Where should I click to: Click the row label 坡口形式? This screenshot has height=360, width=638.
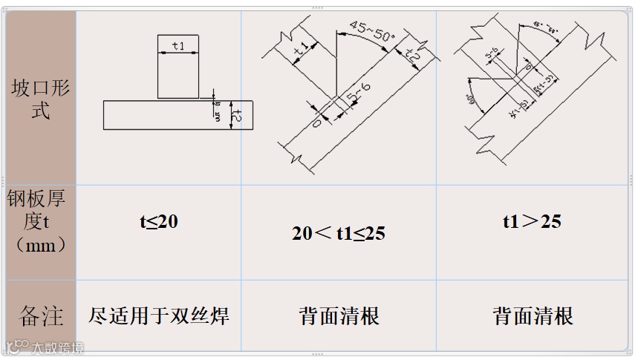40,99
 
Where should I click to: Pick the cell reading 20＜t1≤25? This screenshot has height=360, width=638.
338,233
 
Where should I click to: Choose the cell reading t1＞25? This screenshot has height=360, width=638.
532,221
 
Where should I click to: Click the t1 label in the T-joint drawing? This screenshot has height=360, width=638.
178,46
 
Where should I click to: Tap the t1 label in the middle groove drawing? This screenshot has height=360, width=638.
302,50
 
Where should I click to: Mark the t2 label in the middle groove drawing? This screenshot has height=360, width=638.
413,55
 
